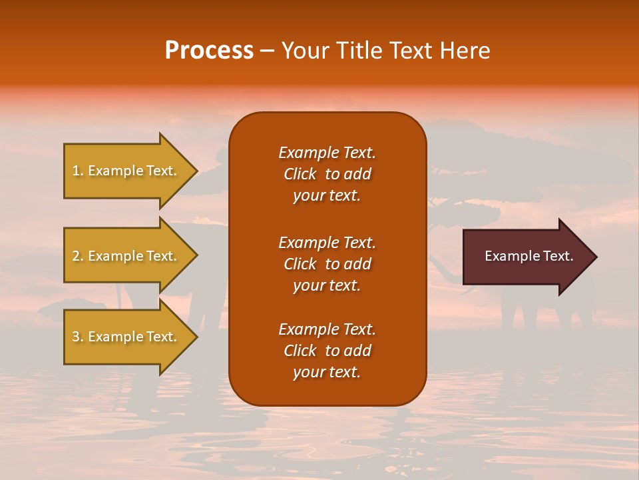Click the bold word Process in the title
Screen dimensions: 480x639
click(x=209, y=51)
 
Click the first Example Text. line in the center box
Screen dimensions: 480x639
click(x=327, y=153)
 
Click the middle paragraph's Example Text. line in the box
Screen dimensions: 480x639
click(x=327, y=242)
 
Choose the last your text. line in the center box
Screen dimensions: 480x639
click(x=327, y=373)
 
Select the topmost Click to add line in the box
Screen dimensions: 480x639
click(x=327, y=174)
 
